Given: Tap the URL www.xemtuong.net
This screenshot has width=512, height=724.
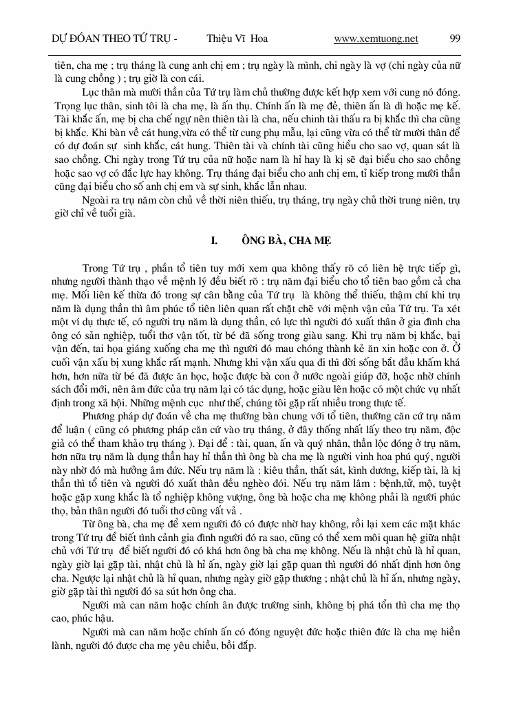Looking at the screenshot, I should click(376, 39).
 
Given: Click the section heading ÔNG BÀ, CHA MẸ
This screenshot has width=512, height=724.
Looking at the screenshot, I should click(276, 240).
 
